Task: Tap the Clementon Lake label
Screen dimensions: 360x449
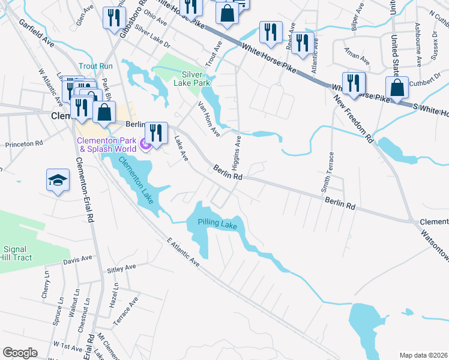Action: tap(136, 179)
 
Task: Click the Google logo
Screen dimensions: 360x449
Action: tap(20, 353)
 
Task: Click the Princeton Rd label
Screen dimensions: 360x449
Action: tap(24, 144)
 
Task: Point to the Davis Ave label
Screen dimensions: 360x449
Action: tap(77, 260)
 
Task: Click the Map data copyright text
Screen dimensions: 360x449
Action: tap(424, 355)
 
